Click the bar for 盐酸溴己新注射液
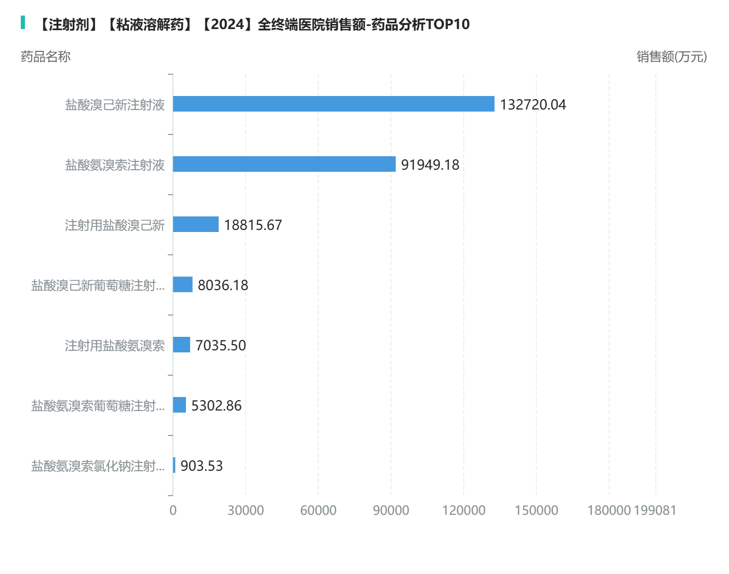click(x=333, y=104)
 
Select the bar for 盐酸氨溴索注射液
click(x=284, y=164)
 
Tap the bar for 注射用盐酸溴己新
click(x=196, y=224)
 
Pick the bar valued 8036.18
click(x=183, y=284)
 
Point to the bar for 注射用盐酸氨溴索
click(x=182, y=345)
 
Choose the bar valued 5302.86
click(x=180, y=405)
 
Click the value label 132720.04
click(x=533, y=105)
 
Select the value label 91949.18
click(x=430, y=165)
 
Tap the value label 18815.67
click(x=253, y=225)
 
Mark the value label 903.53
click(x=201, y=466)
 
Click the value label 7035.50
click(x=221, y=346)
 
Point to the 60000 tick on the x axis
click(x=318, y=511)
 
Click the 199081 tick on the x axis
click(x=655, y=511)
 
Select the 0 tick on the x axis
click(x=173, y=511)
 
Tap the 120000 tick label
click(x=464, y=511)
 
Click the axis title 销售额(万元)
click(x=671, y=57)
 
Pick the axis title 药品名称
click(x=46, y=57)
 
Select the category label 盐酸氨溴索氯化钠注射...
click(x=98, y=466)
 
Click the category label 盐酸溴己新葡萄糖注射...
click(x=98, y=285)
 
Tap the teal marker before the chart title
click(x=23, y=22)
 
